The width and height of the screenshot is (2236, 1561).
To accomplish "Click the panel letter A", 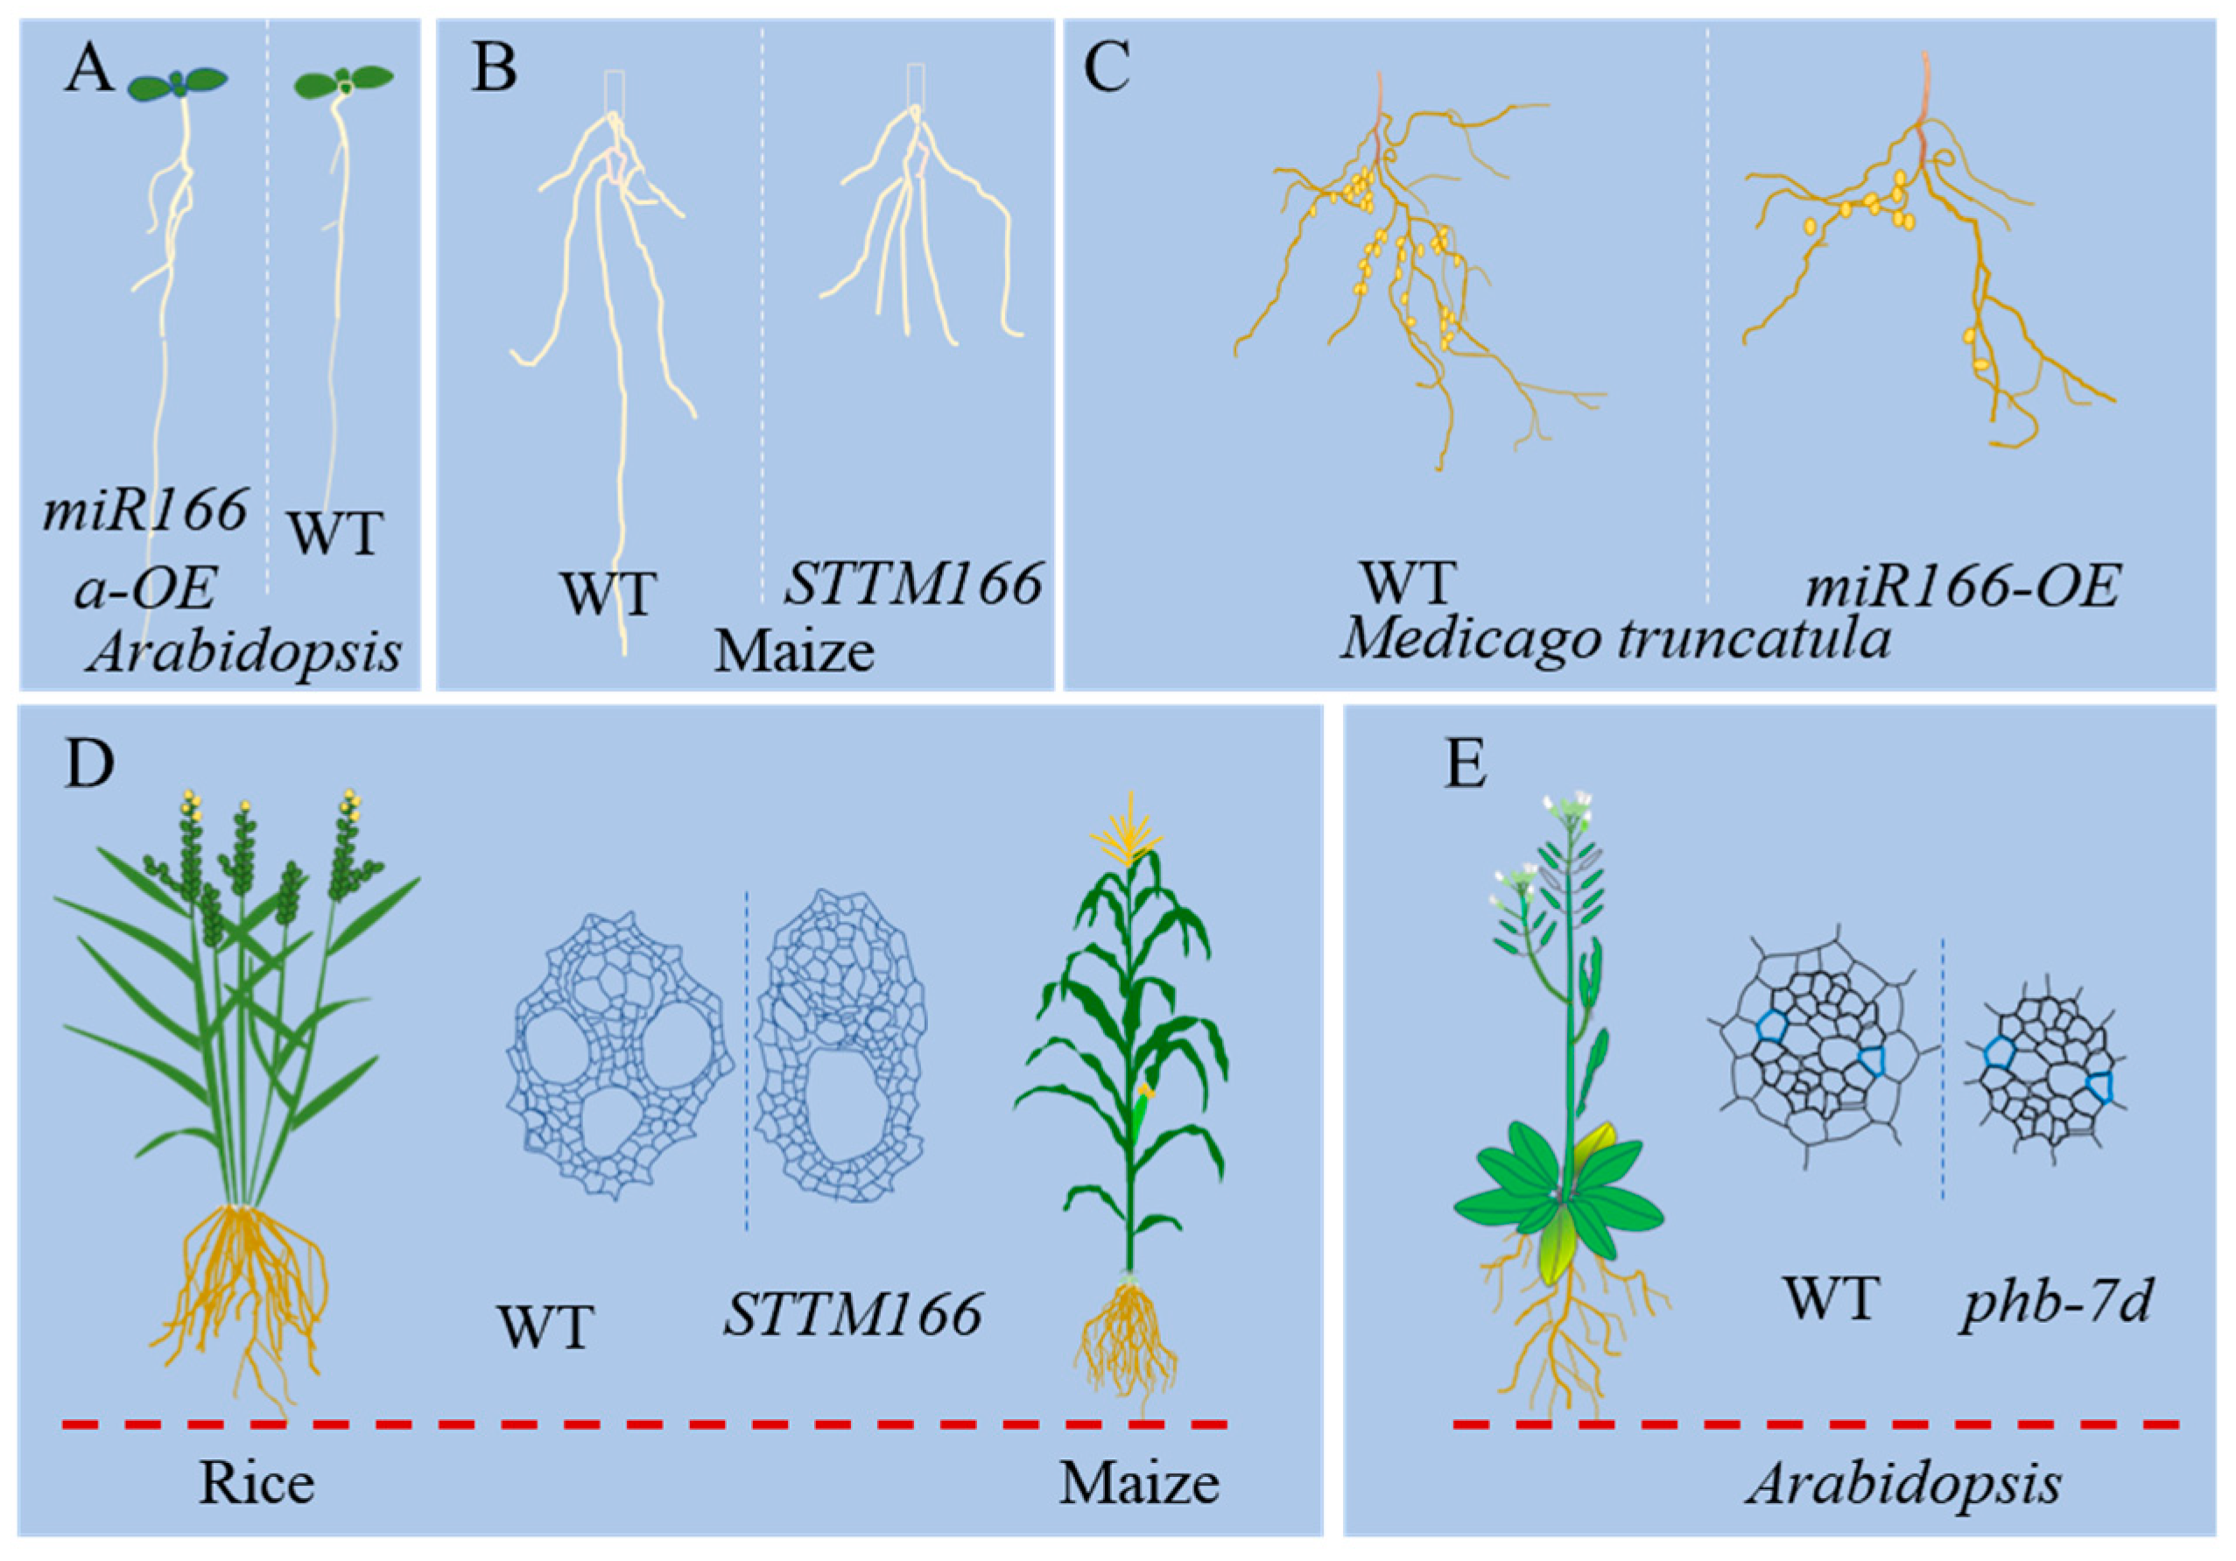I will point(88,70).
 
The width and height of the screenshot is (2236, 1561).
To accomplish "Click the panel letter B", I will point(494,70).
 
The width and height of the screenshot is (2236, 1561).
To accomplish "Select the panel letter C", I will point(1107,70).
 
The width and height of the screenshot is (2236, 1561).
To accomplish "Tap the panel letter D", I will point(88,764).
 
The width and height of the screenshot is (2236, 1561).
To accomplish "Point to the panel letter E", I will point(1465,764).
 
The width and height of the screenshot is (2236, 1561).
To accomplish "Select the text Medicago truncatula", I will point(1617,641).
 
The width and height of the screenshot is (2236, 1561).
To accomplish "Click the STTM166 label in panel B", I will point(913,584).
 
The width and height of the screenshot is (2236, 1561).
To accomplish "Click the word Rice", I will point(257,1483).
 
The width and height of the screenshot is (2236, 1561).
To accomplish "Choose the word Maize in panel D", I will point(1138,1483).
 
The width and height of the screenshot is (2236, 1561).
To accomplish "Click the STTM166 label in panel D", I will point(852,1315).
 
